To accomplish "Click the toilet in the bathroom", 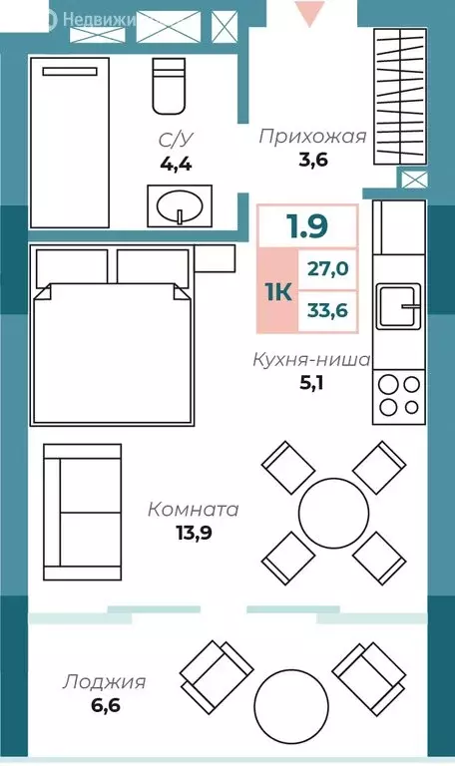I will [x=168, y=86].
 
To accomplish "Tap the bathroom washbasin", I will [x=180, y=205].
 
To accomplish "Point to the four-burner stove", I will [x=398, y=393].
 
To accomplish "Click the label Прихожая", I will [x=312, y=137].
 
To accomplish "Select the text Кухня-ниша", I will [x=311, y=359].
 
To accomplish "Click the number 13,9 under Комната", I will [x=192, y=532].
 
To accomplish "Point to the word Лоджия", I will [x=105, y=682].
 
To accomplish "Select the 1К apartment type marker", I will [x=278, y=291].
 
